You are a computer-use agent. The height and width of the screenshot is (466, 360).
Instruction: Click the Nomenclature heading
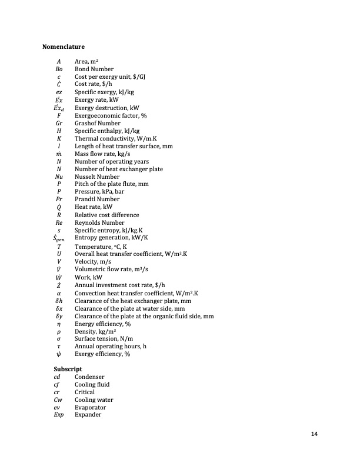(x=63, y=46)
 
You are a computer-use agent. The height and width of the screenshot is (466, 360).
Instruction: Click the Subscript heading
(x=67, y=369)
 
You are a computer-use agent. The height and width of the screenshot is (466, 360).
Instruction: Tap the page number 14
(x=314, y=434)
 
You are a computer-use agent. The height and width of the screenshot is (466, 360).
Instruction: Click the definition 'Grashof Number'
(x=97, y=123)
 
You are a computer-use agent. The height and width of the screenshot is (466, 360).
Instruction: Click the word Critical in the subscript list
(x=85, y=392)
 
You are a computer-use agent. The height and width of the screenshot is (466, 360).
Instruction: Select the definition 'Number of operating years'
(x=112, y=161)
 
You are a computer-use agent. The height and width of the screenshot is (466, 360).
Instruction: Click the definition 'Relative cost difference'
(x=107, y=215)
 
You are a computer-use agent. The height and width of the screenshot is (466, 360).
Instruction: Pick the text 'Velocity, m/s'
(x=94, y=261)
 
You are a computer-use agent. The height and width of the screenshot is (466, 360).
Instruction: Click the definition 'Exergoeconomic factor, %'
(x=111, y=115)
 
